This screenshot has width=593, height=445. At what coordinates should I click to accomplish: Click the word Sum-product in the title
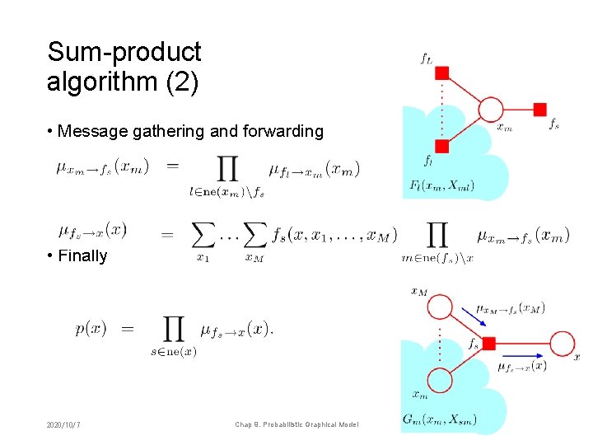pyautogui.click(x=124, y=53)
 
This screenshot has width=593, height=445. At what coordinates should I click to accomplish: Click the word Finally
pyautogui.click(x=82, y=255)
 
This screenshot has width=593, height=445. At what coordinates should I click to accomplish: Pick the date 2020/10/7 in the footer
pyautogui.click(x=70, y=424)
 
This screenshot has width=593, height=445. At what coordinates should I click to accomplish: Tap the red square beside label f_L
pyautogui.click(x=441, y=73)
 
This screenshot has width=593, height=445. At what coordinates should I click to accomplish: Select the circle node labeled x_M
pyautogui.click(x=440, y=307)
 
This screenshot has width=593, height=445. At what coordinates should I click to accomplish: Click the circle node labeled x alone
pyautogui.click(x=563, y=344)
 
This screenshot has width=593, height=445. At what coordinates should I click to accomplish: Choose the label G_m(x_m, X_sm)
pyautogui.click(x=440, y=419)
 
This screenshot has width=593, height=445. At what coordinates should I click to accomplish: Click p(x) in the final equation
pyautogui.click(x=91, y=328)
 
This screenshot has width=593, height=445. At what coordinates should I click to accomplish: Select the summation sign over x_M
pyautogui.click(x=254, y=235)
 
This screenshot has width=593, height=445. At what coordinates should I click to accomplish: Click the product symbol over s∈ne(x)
pyautogui.click(x=174, y=330)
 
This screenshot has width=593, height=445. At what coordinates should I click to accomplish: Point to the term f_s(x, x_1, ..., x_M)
pyautogui.click(x=334, y=234)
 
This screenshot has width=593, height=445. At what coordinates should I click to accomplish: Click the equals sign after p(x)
pyautogui.click(x=128, y=329)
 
